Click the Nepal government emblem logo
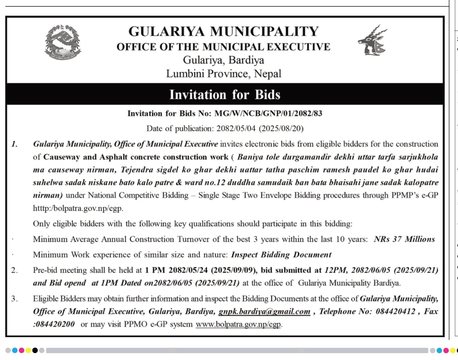(x=63, y=42)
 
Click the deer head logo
(x=372, y=40)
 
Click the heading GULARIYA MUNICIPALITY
(x=223, y=31)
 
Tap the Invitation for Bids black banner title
(x=225, y=95)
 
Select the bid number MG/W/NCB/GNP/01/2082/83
(x=268, y=113)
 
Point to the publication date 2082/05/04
(x=236, y=128)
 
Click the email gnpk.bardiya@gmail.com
(x=264, y=311)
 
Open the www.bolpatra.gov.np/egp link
(x=239, y=324)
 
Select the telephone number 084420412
(x=395, y=311)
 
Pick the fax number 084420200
(x=55, y=324)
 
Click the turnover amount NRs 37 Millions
(x=404, y=239)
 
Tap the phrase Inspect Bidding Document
(x=281, y=255)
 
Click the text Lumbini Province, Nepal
(x=223, y=74)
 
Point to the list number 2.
(x=14, y=270)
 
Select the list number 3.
(x=14, y=299)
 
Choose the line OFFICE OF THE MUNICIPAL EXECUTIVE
(x=223, y=47)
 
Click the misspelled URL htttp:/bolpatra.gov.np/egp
(x=78, y=208)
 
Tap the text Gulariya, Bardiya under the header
(x=223, y=60)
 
